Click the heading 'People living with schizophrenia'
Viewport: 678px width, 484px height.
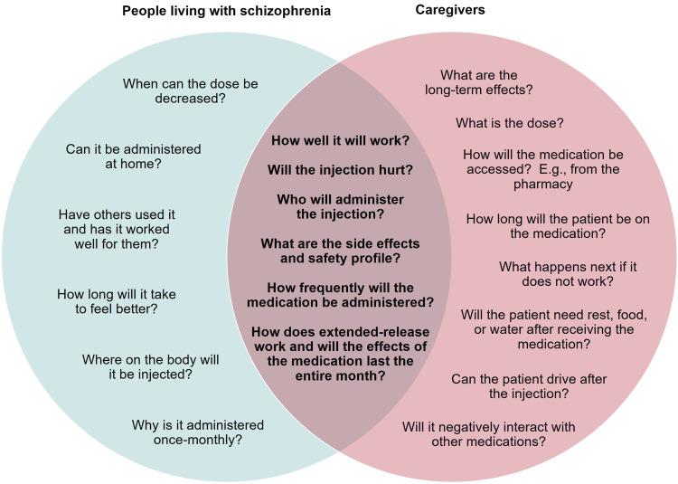(x=226, y=11)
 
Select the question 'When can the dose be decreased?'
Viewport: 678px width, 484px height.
(x=190, y=90)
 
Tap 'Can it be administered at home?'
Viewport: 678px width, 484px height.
(x=133, y=157)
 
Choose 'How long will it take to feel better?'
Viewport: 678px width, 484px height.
(x=116, y=301)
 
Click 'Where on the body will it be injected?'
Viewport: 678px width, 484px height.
(x=150, y=366)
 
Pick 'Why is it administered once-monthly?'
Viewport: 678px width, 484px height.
(x=197, y=432)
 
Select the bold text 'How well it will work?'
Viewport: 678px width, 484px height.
(x=340, y=141)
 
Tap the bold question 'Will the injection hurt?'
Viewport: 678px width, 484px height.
(x=340, y=170)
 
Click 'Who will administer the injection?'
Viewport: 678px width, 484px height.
(x=340, y=207)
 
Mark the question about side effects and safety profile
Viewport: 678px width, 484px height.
(x=340, y=251)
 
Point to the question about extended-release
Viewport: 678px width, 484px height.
(x=340, y=354)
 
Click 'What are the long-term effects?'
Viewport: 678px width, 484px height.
(x=478, y=82)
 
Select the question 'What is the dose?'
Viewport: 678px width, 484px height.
(x=509, y=123)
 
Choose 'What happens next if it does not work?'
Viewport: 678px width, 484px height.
(x=568, y=274)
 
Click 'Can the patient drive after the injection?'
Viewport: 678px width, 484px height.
(x=528, y=386)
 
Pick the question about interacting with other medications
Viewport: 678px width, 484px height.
(x=488, y=434)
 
